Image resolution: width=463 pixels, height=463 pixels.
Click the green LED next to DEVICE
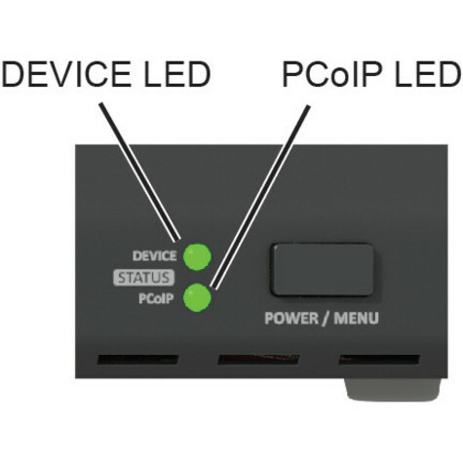[197, 256]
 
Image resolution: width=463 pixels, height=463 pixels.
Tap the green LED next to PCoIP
[197, 297]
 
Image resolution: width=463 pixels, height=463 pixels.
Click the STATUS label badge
[143, 278]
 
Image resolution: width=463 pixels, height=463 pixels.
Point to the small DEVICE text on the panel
[155, 256]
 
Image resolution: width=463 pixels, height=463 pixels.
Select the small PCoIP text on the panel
[156, 298]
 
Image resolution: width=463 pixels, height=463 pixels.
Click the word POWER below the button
[291, 318]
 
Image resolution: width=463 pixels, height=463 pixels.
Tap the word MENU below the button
[356, 318]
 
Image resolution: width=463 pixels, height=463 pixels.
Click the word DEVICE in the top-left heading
[66, 74]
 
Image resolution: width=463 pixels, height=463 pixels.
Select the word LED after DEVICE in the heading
[177, 74]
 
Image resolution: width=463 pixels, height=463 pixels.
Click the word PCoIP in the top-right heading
[331, 74]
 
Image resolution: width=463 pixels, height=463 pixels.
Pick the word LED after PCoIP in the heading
[427, 74]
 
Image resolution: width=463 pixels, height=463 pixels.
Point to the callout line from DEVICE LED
[140, 172]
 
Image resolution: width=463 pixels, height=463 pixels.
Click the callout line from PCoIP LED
[260, 197]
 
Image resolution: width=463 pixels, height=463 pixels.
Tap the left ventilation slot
[138, 360]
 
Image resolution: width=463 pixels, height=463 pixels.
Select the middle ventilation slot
[259, 360]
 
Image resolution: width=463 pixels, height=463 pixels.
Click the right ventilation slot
[379, 360]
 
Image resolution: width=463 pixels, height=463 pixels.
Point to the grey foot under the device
[393, 389]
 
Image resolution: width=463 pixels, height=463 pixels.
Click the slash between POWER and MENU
[327, 319]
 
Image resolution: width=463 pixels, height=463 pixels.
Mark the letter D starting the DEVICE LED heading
[14, 74]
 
